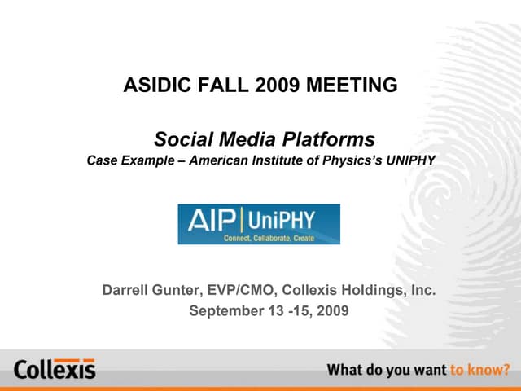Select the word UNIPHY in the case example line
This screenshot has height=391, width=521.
pos(409,160)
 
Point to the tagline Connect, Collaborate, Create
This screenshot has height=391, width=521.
pos(269,238)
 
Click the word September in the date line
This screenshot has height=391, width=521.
pos(225,310)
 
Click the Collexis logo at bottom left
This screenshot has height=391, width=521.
pos(55,369)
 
